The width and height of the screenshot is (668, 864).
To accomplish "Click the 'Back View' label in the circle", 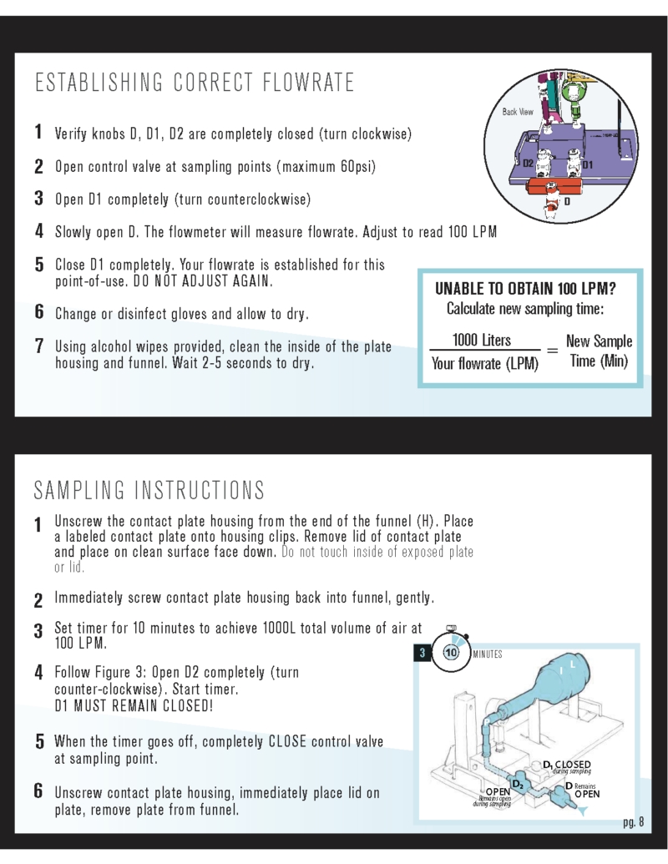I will click(x=518, y=111).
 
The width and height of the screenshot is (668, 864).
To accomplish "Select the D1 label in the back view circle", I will click(x=587, y=164).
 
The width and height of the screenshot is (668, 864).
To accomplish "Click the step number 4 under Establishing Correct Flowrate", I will click(x=39, y=230).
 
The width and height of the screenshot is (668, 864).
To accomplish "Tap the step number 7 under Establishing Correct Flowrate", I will click(x=39, y=346).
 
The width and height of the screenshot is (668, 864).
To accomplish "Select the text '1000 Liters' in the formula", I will click(x=482, y=340).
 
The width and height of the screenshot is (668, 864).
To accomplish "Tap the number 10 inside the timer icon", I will click(x=452, y=654).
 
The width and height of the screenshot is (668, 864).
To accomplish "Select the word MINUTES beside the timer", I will click(x=488, y=654).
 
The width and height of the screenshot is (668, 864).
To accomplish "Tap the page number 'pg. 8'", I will click(x=634, y=822).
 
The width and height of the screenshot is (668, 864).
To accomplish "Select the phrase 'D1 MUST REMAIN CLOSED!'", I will click(x=134, y=706).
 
